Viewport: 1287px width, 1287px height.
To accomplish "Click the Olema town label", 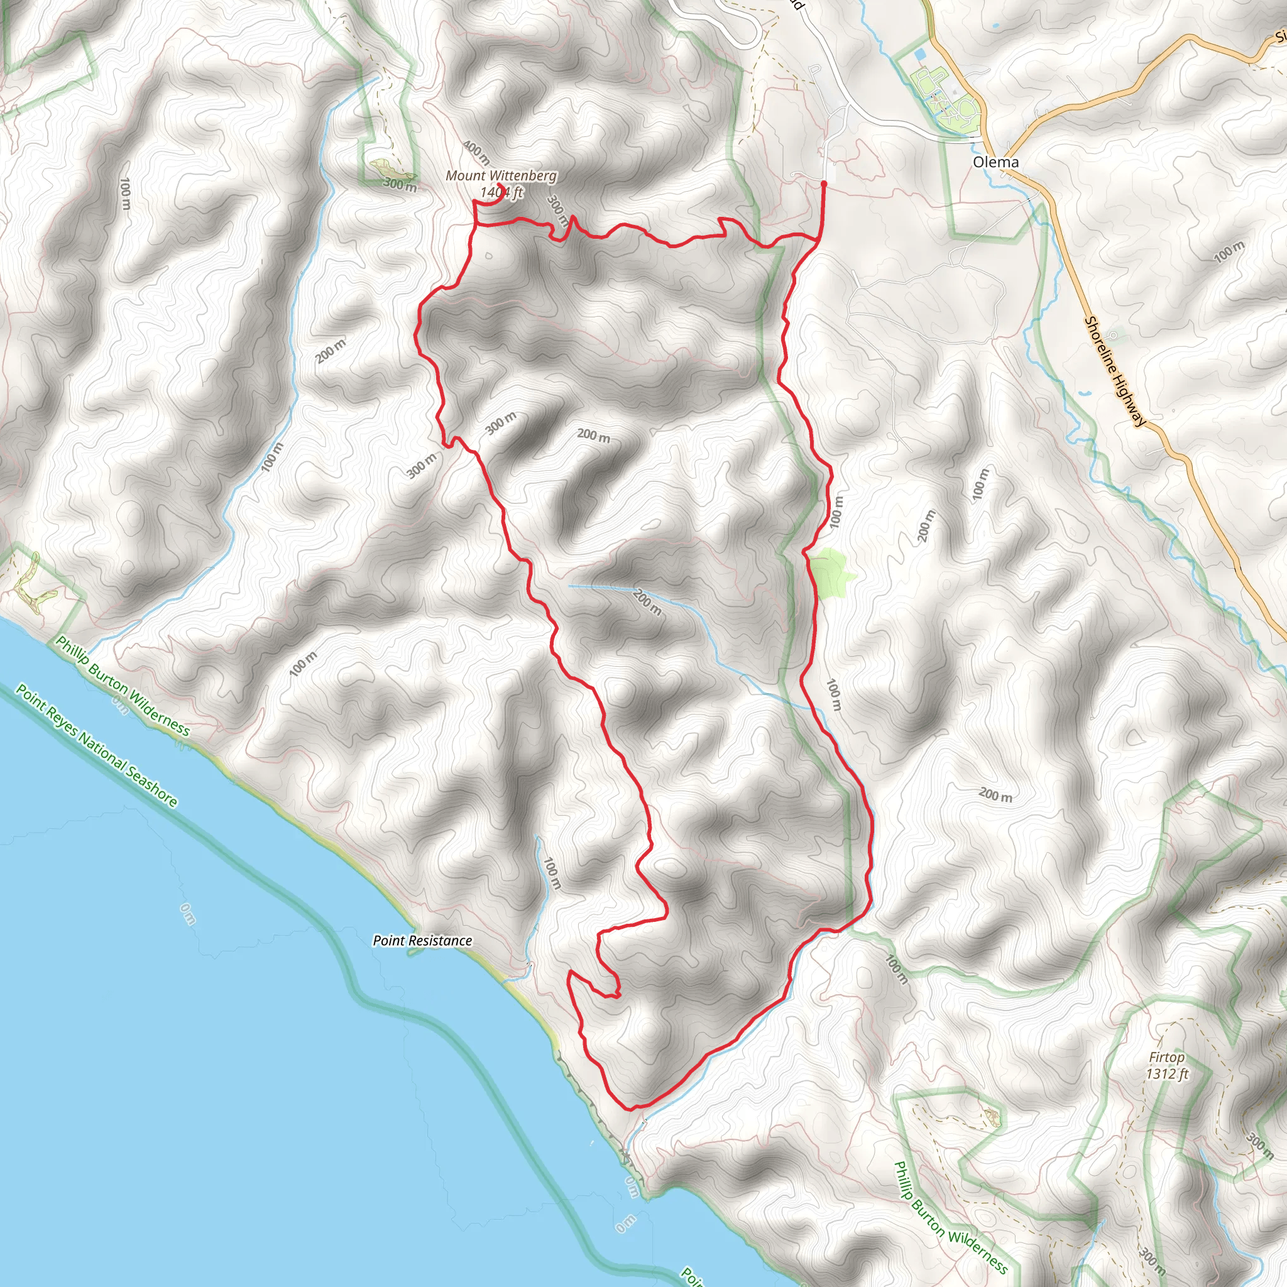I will click(x=995, y=162).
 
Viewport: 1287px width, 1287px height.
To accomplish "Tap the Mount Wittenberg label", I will click(x=501, y=176).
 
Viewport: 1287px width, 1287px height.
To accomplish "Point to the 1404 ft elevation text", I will click(x=502, y=192).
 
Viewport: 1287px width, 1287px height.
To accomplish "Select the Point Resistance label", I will click(x=422, y=940).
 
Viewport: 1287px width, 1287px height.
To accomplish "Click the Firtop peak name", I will click(x=1166, y=1057).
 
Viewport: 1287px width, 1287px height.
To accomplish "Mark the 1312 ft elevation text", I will click(x=1167, y=1074).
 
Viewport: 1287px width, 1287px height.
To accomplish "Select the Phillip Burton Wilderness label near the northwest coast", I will click(x=123, y=686).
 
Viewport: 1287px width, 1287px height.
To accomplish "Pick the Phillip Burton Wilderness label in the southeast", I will click(x=951, y=1217).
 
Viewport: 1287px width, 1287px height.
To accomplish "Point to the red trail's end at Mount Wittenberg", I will click(x=500, y=185).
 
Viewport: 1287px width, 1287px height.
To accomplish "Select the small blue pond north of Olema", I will click(x=921, y=53).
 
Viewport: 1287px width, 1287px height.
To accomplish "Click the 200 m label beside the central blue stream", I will click(x=647, y=601).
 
